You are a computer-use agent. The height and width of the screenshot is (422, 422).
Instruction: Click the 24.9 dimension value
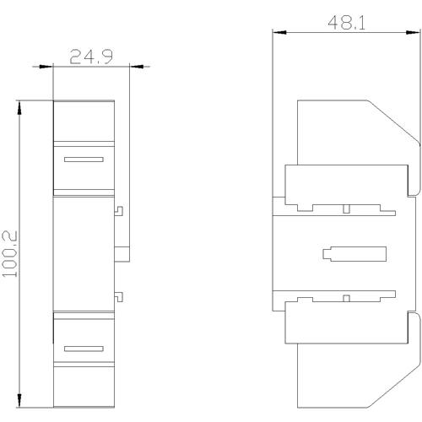pos(91,57)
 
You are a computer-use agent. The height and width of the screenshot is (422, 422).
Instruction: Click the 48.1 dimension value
pos(347,23)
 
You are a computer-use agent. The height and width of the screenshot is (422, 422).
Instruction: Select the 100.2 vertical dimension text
pos(10,254)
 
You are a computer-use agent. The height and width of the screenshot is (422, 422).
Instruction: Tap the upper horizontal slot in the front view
pos(84,160)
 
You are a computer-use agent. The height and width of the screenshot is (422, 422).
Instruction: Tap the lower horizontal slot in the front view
pos(84,349)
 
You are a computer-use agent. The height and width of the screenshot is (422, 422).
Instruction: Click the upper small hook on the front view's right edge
pos(119,211)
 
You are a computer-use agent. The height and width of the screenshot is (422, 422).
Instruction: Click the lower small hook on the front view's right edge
pos(119,297)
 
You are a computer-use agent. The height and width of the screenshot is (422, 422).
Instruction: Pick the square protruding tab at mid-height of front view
pos(122,254)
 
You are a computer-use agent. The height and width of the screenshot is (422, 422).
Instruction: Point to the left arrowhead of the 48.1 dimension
pos(279,32)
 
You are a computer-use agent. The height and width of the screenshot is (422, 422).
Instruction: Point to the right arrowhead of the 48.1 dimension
pos(414,32)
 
